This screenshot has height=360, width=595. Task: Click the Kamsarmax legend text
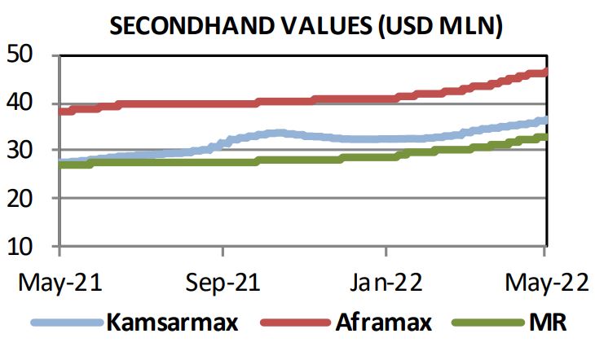pos(171,322)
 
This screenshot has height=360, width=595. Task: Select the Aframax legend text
pos(385,322)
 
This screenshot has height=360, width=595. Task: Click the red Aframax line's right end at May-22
pos(544,72)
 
